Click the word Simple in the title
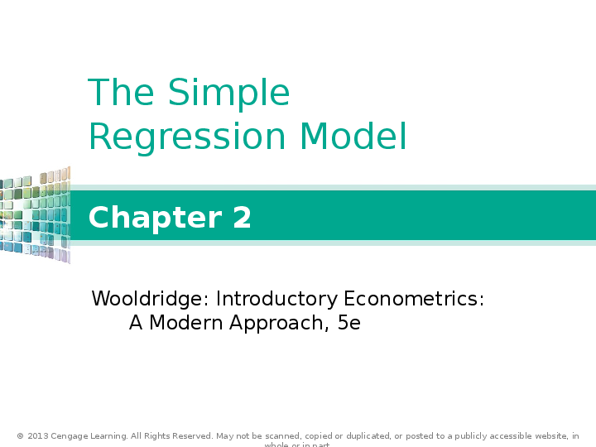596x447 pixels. pos(228,94)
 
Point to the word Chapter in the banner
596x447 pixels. pos(143,218)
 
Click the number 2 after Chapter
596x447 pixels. pos(242,218)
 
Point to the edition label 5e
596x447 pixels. pos(349,323)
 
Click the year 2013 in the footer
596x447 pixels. pos(37,436)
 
